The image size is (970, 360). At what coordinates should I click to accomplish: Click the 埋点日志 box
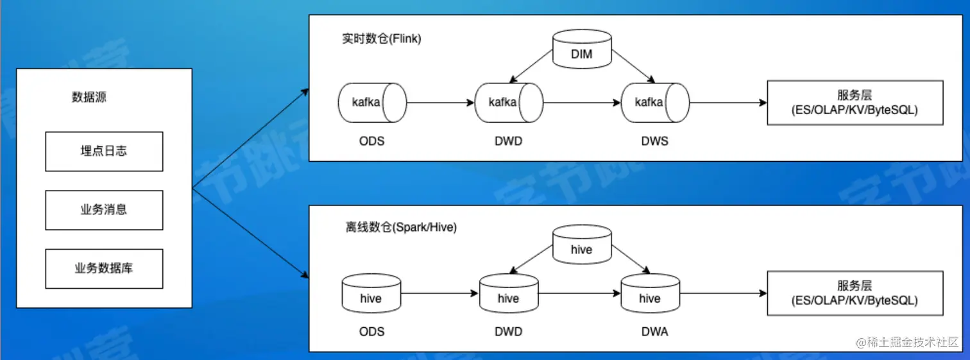point(104,151)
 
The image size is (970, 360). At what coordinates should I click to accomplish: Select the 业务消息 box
point(104,210)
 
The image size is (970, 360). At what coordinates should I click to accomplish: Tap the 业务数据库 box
point(104,268)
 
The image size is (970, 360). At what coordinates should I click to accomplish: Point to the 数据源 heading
point(89,98)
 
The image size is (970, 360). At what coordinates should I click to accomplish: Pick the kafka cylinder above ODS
point(371,102)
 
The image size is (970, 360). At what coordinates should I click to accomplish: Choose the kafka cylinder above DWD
point(509,102)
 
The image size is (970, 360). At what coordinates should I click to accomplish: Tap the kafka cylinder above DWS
point(654,102)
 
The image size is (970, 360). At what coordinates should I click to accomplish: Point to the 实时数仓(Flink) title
point(382,39)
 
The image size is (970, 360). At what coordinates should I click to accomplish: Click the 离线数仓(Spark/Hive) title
point(401,228)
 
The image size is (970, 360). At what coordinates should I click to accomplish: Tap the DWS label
point(654,141)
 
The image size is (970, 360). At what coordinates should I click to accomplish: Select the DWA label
point(654,332)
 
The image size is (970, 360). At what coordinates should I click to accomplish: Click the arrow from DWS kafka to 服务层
point(729,103)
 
